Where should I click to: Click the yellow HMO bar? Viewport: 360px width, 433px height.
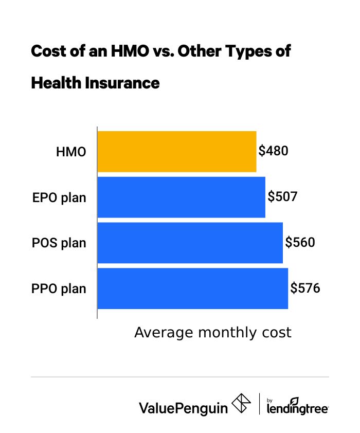pyautogui.click(x=176, y=151)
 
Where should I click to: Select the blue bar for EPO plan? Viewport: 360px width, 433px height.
pyautogui.click(x=181, y=197)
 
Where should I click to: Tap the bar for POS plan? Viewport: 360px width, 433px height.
pyautogui.click(x=190, y=242)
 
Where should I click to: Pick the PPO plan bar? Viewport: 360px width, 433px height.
pyautogui.click(x=192, y=288)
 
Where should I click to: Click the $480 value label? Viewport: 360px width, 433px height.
pyautogui.click(x=274, y=151)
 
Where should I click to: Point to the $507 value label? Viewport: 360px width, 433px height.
pyautogui.click(x=282, y=197)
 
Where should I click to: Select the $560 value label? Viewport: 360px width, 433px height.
pyautogui.click(x=300, y=242)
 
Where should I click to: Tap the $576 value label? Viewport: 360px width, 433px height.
pyautogui.click(x=305, y=288)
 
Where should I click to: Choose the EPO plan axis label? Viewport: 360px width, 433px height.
pyautogui.click(x=59, y=197)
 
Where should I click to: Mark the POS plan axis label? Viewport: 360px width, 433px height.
pyautogui.click(x=59, y=243)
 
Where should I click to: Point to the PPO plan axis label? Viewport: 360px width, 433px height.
pyautogui.click(x=59, y=288)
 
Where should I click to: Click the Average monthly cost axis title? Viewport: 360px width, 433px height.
pyautogui.click(x=212, y=332)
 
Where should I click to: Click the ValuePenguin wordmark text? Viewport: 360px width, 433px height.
pyautogui.click(x=183, y=407)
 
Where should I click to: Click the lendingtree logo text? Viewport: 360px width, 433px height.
pyautogui.click(x=297, y=409)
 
